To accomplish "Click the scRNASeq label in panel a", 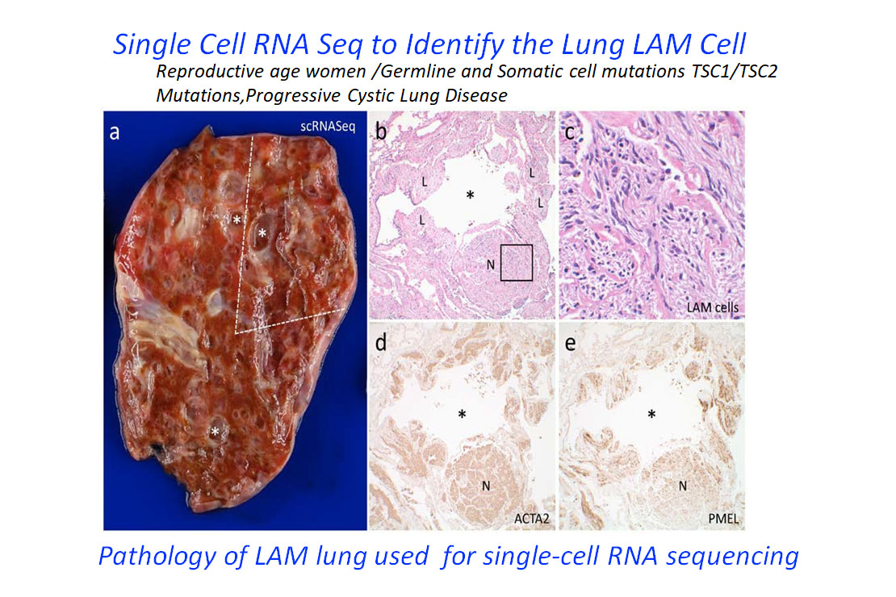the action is [x=328, y=127].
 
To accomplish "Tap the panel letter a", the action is [x=115, y=133].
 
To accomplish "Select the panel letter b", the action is [x=380, y=132].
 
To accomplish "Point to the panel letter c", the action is [x=569, y=133].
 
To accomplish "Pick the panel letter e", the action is [x=570, y=344].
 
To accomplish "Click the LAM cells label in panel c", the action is [x=713, y=307].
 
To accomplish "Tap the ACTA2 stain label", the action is [x=531, y=519].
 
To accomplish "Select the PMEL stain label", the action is [x=723, y=519].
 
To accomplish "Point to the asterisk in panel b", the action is [x=470, y=195].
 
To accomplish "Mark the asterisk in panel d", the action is [x=462, y=414].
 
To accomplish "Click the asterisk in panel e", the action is [x=651, y=414].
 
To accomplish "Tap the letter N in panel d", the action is [x=486, y=486].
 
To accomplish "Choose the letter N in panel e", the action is [x=682, y=486].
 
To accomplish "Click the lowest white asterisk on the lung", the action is [x=215, y=432].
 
